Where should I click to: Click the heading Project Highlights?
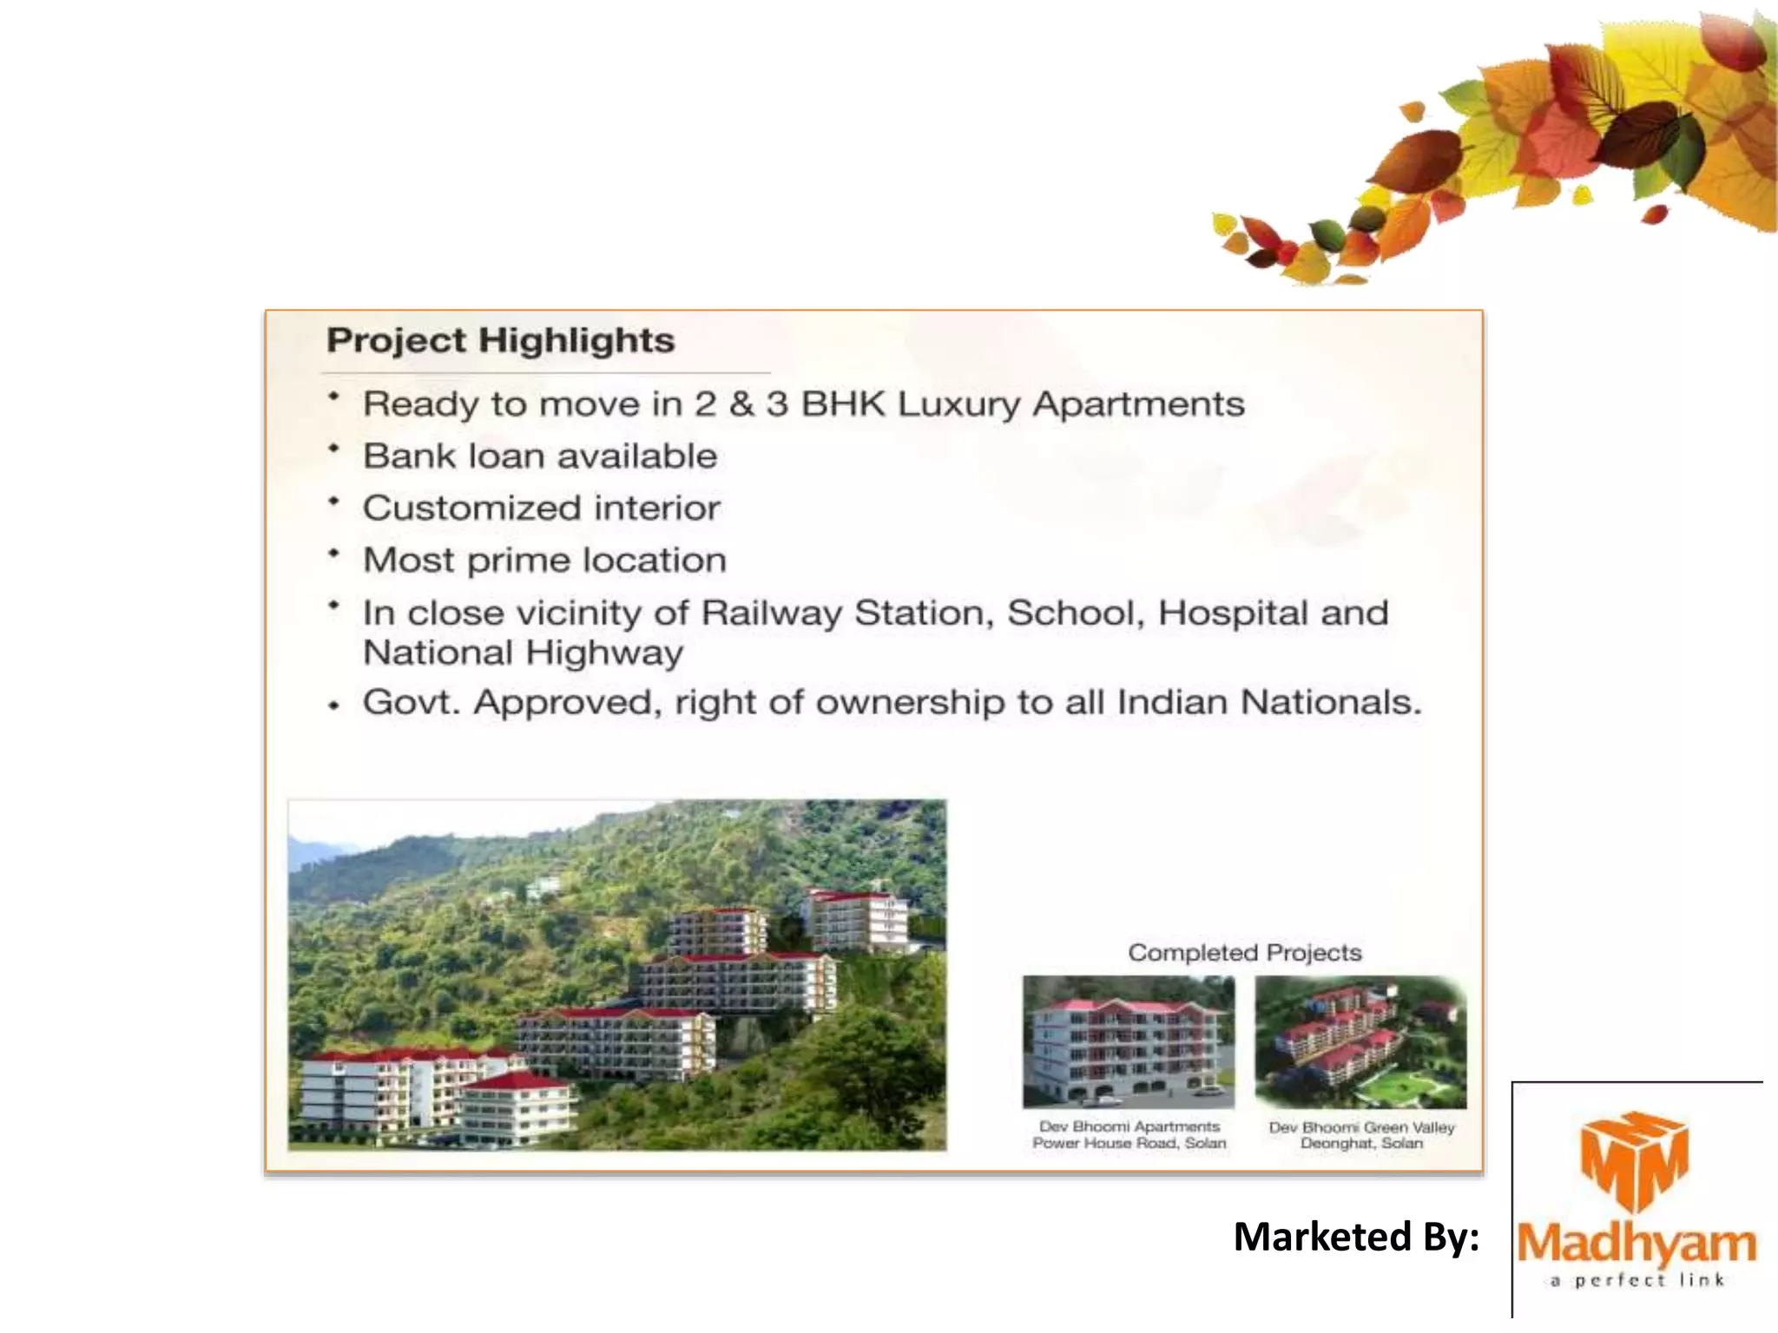tap(500, 340)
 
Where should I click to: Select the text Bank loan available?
tap(540, 456)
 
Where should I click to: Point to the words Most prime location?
tap(544, 561)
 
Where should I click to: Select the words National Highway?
tap(523, 653)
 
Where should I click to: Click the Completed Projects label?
tap(1244, 953)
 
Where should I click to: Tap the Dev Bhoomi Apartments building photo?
tap(1129, 1041)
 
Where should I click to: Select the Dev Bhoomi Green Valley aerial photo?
tap(1360, 1041)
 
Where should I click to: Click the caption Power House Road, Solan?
tap(1129, 1144)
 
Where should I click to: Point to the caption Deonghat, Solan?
tap(1360, 1144)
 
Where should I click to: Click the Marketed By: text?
tap(1356, 1237)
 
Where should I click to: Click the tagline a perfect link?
tap(1636, 1280)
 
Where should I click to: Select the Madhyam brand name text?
tap(1636, 1244)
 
